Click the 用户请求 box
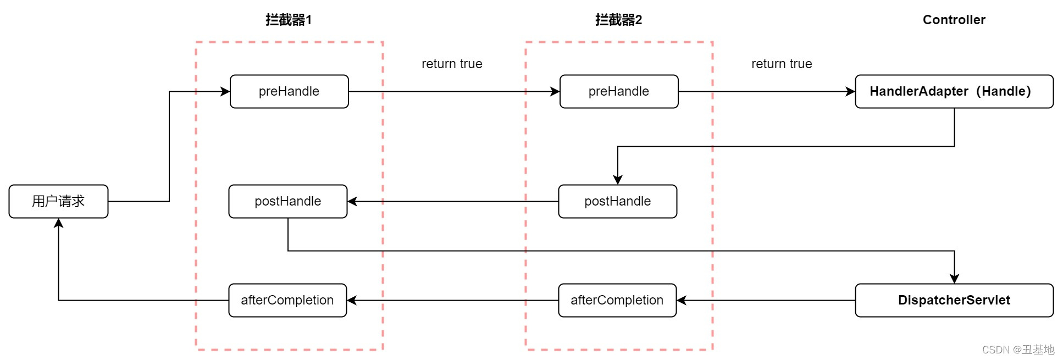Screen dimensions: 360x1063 pyautogui.click(x=58, y=201)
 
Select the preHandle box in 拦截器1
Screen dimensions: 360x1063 pyautogui.click(x=289, y=91)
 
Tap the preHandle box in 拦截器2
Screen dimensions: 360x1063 pyautogui.click(x=619, y=91)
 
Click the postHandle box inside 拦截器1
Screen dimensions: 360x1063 pyautogui.click(x=288, y=201)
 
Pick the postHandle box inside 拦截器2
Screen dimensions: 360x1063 pyautogui.click(x=617, y=201)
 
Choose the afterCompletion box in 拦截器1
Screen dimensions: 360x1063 pyautogui.click(x=287, y=300)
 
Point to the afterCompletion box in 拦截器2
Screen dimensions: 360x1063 pyautogui.click(x=617, y=300)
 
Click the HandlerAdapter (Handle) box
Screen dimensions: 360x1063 pyautogui.click(x=954, y=91)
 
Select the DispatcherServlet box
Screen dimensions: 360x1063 pyautogui.click(x=954, y=300)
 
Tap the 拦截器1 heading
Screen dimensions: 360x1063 pyautogui.click(x=289, y=20)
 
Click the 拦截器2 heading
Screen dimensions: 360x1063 pyautogui.click(x=618, y=20)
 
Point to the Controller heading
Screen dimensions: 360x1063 pyautogui.click(x=954, y=20)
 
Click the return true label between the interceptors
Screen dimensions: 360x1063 pyautogui.click(x=452, y=64)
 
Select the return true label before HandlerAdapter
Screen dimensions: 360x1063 pyautogui.click(x=782, y=64)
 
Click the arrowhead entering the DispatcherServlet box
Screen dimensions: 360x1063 pyautogui.click(x=954, y=279)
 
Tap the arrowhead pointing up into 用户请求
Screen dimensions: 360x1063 pyautogui.click(x=58, y=223)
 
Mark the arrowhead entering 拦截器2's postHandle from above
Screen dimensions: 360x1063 pyautogui.click(x=618, y=180)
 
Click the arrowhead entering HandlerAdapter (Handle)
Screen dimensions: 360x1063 pyautogui.click(x=850, y=91)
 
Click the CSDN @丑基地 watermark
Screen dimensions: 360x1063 pyautogui.click(x=1018, y=350)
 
